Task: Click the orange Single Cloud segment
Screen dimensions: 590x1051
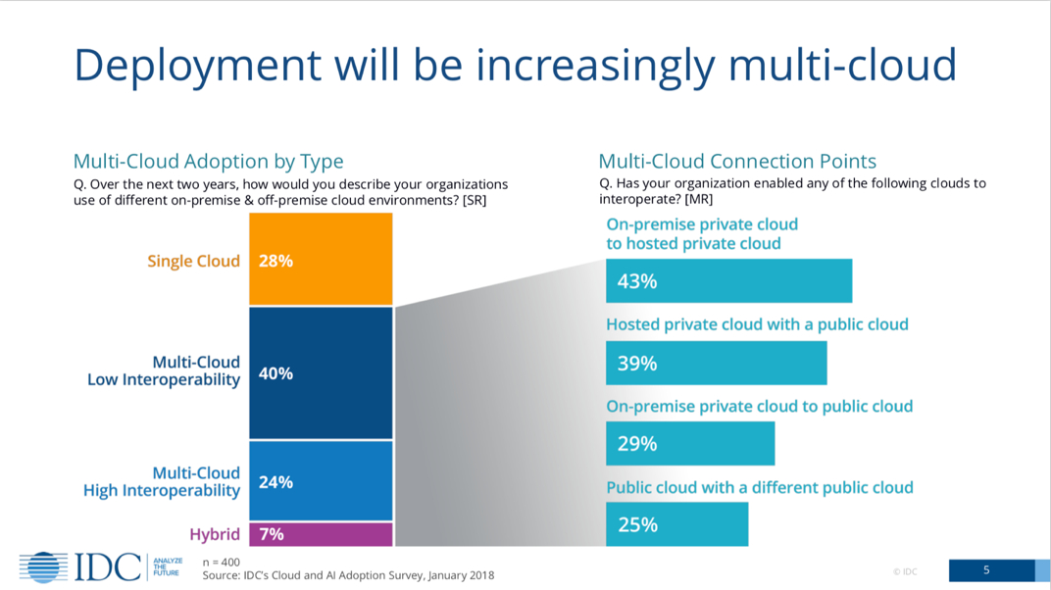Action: (321, 260)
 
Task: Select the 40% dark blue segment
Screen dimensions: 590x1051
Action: (321, 372)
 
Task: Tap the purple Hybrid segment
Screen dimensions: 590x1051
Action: (321, 534)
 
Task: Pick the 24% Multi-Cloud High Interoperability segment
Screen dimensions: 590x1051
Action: (321, 481)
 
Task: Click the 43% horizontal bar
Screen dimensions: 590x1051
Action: (728, 281)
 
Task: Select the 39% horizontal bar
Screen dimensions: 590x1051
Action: (716, 363)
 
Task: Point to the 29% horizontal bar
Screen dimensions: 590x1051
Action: (690, 444)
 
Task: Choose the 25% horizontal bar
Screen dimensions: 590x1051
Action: (676, 524)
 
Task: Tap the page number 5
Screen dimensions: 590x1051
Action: (986, 570)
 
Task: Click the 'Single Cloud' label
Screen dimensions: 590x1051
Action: (193, 261)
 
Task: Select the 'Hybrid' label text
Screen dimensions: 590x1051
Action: (215, 534)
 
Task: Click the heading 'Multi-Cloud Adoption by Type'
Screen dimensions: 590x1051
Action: (209, 162)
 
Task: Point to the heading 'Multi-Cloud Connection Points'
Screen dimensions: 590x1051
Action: (737, 162)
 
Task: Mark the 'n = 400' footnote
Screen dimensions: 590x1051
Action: (221, 563)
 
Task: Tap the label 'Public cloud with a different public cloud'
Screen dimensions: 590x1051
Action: (760, 487)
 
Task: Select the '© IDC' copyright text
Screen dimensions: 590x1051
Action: (905, 571)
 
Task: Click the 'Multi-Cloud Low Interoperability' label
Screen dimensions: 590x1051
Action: (164, 371)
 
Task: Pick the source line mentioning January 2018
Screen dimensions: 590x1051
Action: (348, 576)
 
